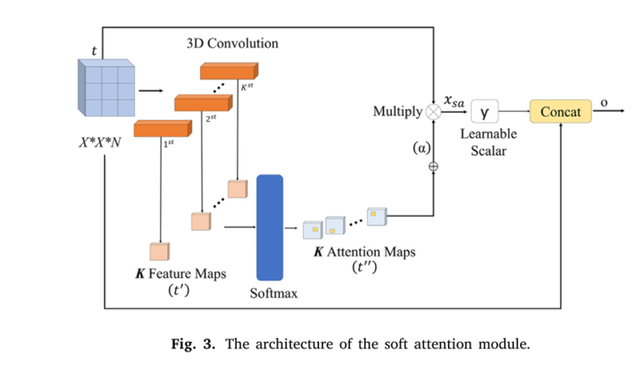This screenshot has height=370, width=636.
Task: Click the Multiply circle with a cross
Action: click(433, 111)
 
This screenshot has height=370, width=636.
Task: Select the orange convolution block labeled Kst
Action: click(229, 72)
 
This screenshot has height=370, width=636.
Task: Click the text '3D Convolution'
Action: click(231, 43)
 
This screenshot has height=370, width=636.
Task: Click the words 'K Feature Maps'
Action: click(181, 273)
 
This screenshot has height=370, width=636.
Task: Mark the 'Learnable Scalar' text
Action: click(488, 142)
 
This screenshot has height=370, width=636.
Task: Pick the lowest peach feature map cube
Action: click(159, 252)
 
